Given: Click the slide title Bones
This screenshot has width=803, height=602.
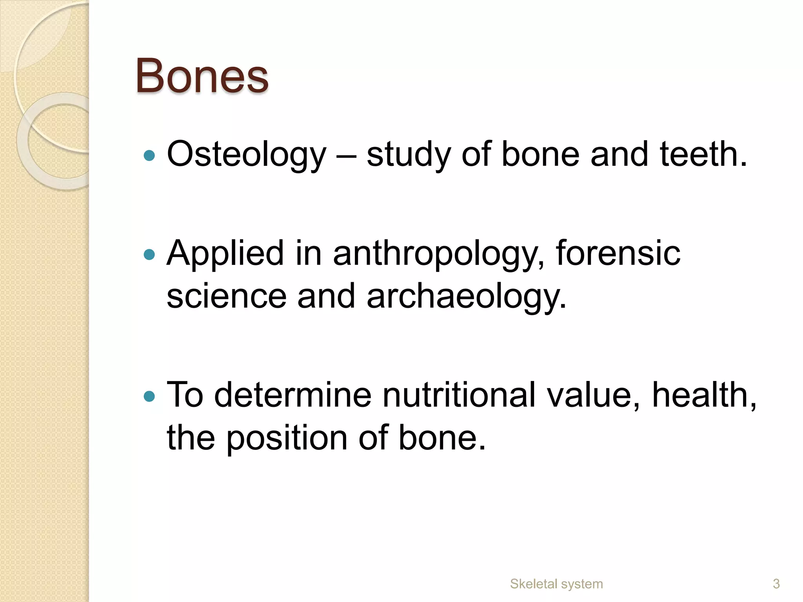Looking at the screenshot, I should [202, 76].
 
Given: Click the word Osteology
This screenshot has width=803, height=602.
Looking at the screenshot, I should [246, 155].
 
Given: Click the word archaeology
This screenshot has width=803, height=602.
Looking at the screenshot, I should [467, 297].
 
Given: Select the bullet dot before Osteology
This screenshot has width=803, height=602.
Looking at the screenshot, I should [149, 156].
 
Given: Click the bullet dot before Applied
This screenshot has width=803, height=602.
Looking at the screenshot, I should [149, 255].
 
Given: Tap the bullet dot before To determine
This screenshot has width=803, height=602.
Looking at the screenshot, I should [149, 397].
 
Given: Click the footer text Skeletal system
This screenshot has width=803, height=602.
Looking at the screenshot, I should [556, 584].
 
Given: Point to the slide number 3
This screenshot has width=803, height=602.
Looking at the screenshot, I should [776, 584].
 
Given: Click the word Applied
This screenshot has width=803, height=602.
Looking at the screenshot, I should [225, 254].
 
